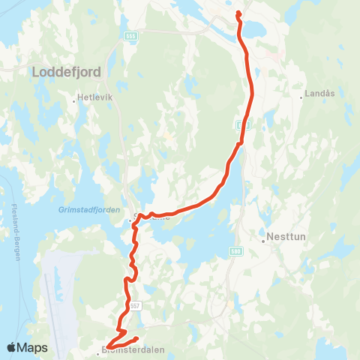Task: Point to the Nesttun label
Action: tap(287, 241)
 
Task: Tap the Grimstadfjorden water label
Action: tap(88, 211)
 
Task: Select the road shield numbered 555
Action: tap(131, 36)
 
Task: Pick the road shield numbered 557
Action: tap(135, 305)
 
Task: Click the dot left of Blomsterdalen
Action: tap(99, 349)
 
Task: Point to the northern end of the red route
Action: tap(238, 13)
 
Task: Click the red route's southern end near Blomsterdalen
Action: tap(136, 338)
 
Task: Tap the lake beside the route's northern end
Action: tap(254, 30)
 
